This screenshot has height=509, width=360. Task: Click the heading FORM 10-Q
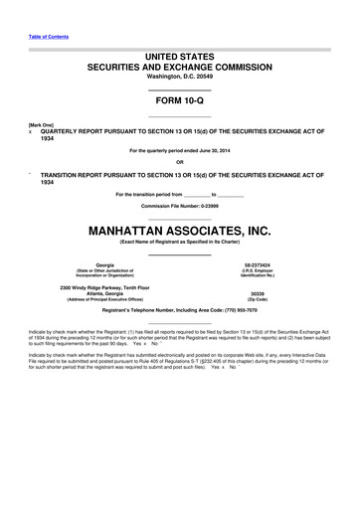click(x=179, y=101)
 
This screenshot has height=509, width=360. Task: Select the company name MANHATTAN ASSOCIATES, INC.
click(x=179, y=230)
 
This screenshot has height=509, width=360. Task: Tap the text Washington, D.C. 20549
click(x=179, y=76)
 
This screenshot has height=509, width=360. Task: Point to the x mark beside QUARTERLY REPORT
click(x=31, y=130)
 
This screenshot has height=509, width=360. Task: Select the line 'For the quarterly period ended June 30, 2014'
click(x=179, y=151)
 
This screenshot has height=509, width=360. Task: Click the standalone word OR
click(x=179, y=161)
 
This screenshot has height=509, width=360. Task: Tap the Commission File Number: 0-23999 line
click(x=179, y=206)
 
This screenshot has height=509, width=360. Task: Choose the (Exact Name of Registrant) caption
click(x=179, y=242)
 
